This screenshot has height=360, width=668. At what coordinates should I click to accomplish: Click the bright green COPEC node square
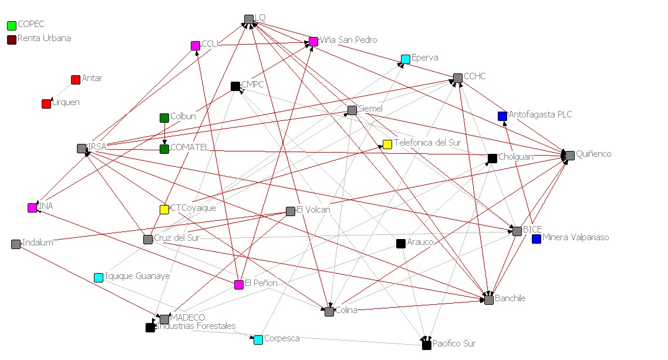click(12, 26)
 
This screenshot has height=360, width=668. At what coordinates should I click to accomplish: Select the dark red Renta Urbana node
click(12, 40)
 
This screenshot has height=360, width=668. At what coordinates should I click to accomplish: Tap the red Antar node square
click(75, 80)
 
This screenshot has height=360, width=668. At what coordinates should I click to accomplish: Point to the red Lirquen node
click(46, 104)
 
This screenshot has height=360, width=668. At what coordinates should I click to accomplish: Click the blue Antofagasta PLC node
click(502, 116)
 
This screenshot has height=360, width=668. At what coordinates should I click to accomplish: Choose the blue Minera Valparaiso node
click(537, 239)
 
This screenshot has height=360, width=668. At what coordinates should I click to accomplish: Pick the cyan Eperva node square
click(406, 59)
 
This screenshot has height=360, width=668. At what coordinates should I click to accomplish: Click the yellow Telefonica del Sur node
click(387, 144)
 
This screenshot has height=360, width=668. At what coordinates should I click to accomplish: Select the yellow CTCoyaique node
click(164, 210)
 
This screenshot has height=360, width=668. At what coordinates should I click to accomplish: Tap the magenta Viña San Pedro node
click(313, 42)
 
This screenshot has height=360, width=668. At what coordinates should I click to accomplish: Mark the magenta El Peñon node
click(239, 285)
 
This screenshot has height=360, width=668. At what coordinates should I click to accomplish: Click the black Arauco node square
click(401, 244)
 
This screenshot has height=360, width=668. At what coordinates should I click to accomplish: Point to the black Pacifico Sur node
click(427, 345)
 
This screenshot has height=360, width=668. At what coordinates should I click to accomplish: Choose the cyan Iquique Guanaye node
click(99, 277)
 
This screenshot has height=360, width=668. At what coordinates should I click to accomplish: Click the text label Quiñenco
click(593, 154)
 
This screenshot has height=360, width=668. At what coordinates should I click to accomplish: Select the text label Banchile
click(510, 298)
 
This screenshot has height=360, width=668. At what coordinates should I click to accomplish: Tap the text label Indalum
click(38, 243)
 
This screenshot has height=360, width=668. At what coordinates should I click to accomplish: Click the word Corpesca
click(282, 338)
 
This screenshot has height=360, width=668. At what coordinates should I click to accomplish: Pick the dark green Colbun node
click(164, 118)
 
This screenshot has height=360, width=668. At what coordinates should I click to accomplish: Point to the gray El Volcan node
click(291, 211)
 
